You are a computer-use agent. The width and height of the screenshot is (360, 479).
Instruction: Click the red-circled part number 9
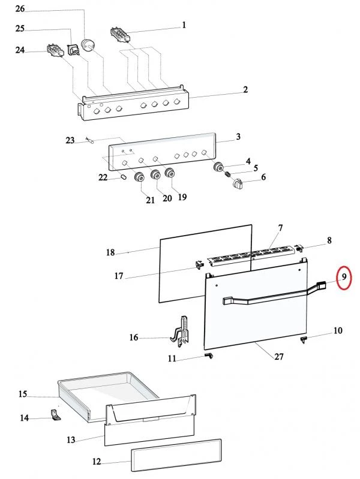click(x=344, y=278)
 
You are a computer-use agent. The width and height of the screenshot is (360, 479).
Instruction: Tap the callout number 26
click(x=20, y=9)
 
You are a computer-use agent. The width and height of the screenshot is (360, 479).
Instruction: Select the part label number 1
click(x=184, y=25)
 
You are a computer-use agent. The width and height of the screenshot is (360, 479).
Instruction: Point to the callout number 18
click(x=110, y=252)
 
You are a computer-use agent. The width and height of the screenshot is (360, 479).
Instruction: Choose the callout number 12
click(x=97, y=462)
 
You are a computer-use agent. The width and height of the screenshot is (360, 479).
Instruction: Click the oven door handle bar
click(x=264, y=299)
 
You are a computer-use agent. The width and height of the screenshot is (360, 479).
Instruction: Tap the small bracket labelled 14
click(x=55, y=415)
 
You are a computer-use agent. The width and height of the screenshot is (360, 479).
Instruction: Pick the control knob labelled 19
click(x=169, y=174)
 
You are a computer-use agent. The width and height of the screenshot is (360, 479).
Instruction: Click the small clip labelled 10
click(x=304, y=340)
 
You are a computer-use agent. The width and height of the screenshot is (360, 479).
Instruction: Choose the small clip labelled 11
click(x=208, y=356)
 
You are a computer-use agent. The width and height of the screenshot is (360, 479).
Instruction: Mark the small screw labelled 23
click(x=91, y=141)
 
